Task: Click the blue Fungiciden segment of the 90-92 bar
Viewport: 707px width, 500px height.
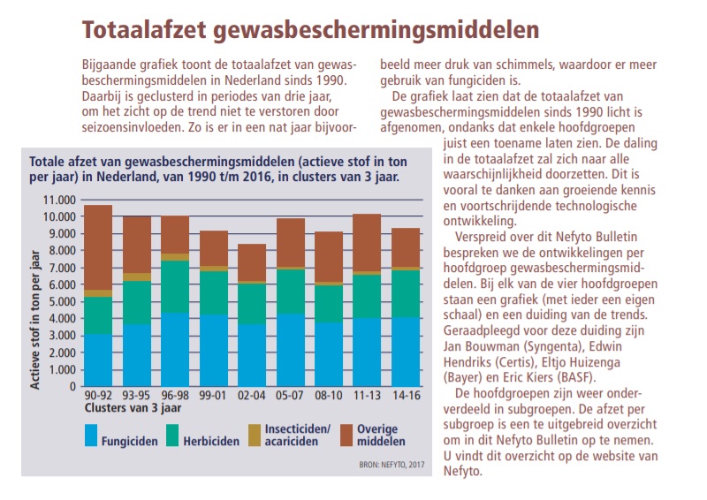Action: (x=98, y=360)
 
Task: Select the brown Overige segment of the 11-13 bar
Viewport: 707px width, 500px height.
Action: (x=367, y=243)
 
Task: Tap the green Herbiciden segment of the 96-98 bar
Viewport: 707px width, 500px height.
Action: (x=175, y=287)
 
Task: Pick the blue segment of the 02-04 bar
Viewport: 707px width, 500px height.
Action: (x=252, y=355)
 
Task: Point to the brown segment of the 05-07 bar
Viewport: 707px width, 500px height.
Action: (x=291, y=243)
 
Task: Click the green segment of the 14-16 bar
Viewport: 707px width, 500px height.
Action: (x=406, y=294)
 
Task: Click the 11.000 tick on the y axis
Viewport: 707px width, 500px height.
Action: (x=59, y=200)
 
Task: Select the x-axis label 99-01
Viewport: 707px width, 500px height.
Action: (x=213, y=396)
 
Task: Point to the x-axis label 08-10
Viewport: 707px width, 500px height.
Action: (x=329, y=396)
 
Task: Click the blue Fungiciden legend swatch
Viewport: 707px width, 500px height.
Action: (x=91, y=436)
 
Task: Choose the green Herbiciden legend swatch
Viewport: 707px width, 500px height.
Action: (x=172, y=436)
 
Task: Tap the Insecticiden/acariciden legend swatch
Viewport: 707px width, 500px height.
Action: (x=255, y=436)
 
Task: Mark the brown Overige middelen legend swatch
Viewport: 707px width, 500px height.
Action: (x=346, y=436)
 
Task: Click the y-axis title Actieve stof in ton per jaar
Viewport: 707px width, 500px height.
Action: (x=34, y=320)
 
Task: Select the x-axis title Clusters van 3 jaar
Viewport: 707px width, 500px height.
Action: (x=133, y=408)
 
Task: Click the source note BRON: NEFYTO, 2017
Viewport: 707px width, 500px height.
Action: (x=392, y=465)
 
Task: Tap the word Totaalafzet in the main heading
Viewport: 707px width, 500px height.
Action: (x=144, y=30)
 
